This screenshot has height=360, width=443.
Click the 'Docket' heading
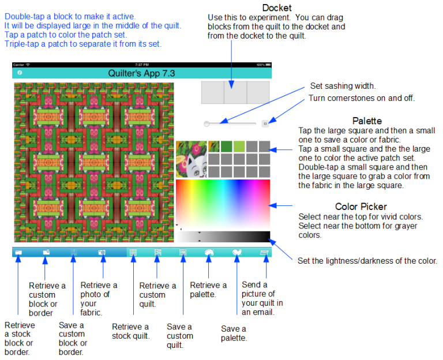[x=277, y=7]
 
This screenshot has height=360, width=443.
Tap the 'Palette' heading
[x=367, y=121]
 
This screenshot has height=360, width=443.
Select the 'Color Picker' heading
[x=361, y=207]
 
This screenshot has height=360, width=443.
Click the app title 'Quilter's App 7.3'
[x=141, y=73]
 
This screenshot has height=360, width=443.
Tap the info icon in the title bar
[x=20, y=73]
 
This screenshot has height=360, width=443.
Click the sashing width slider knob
[x=207, y=124]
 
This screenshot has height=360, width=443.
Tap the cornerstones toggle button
[x=265, y=123]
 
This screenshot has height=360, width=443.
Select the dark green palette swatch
[x=226, y=147]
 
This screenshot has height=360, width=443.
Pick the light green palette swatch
[x=239, y=147]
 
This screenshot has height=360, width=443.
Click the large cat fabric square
[x=192, y=159]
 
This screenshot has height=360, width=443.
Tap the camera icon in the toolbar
[x=102, y=252]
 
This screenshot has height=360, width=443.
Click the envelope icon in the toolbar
[x=264, y=252]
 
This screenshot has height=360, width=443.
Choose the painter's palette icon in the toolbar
[x=209, y=252]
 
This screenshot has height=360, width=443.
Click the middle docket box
[x=235, y=92]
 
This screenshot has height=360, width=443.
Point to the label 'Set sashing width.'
[x=343, y=86]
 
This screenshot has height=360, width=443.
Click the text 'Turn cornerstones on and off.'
[x=361, y=98]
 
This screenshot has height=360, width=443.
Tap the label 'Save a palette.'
[x=234, y=333]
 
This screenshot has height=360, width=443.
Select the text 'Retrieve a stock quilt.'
[x=130, y=331]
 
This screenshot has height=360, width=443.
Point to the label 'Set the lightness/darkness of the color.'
[x=367, y=261]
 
